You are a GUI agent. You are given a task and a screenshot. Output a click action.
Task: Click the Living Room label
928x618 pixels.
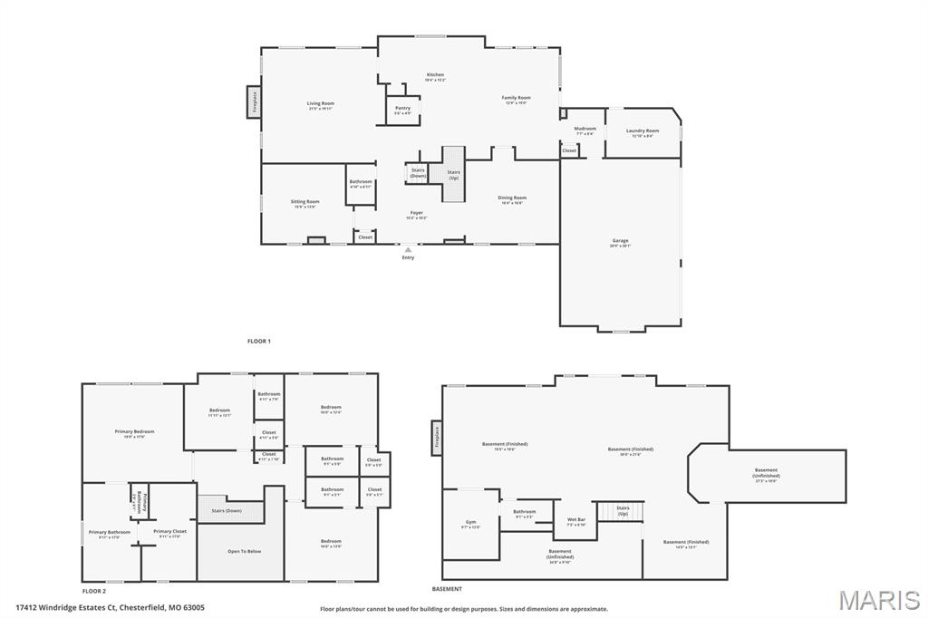(x=320, y=104)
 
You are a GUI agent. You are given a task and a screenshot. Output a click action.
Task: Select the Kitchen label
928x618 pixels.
(x=436, y=75)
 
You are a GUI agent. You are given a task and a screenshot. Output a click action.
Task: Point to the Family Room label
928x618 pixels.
(x=517, y=98)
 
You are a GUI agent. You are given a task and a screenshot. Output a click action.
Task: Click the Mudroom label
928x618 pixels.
(x=585, y=129)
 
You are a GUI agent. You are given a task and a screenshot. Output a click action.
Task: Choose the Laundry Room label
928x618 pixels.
(x=643, y=131)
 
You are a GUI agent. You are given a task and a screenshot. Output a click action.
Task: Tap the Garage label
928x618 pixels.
(x=620, y=241)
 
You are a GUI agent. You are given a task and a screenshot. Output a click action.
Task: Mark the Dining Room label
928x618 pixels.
(x=512, y=198)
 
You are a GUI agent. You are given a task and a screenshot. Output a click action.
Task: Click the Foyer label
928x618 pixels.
(x=416, y=214)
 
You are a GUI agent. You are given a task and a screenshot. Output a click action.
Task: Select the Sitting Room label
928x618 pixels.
(x=304, y=202)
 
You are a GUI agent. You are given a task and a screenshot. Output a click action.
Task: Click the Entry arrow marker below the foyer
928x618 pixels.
(x=408, y=249)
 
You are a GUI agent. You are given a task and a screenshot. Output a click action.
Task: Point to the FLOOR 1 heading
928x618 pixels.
(x=259, y=341)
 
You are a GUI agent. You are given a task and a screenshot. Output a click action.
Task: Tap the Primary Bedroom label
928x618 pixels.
(x=134, y=432)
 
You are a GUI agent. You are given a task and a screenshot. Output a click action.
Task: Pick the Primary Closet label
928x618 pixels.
(x=169, y=532)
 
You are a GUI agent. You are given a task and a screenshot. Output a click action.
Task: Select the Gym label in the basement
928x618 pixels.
(x=470, y=523)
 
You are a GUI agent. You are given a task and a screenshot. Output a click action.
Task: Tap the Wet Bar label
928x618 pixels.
(x=576, y=520)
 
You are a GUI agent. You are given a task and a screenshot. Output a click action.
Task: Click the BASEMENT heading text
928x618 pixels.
(x=452, y=589)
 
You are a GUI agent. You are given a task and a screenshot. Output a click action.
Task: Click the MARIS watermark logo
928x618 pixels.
(x=879, y=599)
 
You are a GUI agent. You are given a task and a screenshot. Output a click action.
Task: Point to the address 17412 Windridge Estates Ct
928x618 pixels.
(x=110, y=608)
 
